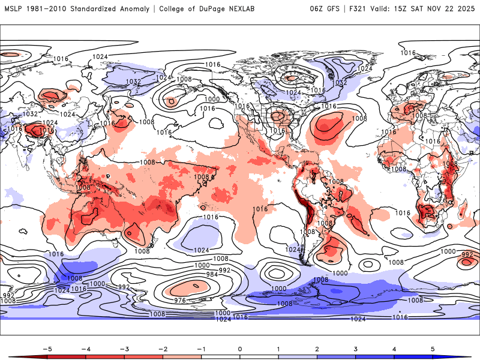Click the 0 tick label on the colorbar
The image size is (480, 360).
[x=240, y=348]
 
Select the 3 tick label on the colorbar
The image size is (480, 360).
[x=356, y=348]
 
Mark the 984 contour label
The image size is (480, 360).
[x=211, y=274]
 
